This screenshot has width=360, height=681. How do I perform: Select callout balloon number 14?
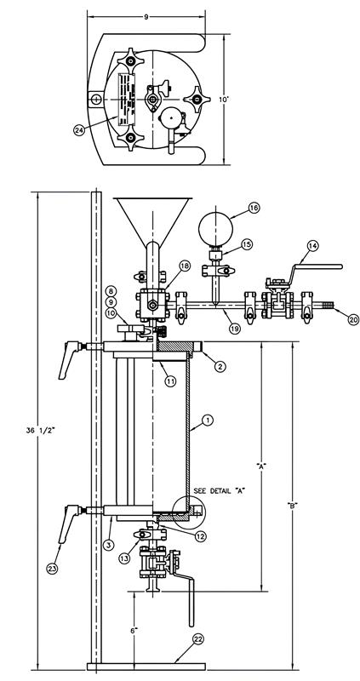tap(312, 246)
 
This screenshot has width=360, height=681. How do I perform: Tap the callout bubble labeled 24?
tap(102, 130)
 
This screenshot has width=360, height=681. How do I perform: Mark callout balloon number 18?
tap(185, 267)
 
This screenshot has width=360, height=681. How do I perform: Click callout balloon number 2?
tap(220, 366)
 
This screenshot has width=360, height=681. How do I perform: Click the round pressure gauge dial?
tap(216, 228)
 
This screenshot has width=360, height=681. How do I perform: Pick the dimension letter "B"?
tap(293, 506)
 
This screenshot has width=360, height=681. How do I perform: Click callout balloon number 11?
tap(170, 381)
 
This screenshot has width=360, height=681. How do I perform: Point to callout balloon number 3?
tap(109, 542)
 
